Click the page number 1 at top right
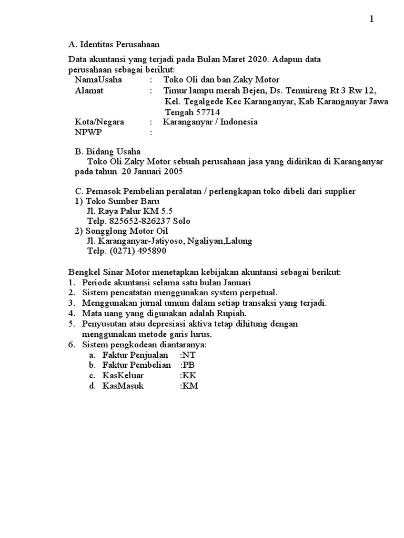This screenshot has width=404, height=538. point(372,19)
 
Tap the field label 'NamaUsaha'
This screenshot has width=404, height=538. point(98,80)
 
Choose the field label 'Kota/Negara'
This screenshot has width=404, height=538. point(99,122)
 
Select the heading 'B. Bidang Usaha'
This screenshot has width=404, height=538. point(107,151)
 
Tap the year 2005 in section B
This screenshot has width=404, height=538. point(175,172)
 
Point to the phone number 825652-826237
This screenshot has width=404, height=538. point(143,221)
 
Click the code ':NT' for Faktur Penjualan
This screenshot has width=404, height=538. point(188,355)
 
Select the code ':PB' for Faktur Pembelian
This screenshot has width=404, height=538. point(188,365)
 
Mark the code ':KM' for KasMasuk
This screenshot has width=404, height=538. point(188,386)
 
